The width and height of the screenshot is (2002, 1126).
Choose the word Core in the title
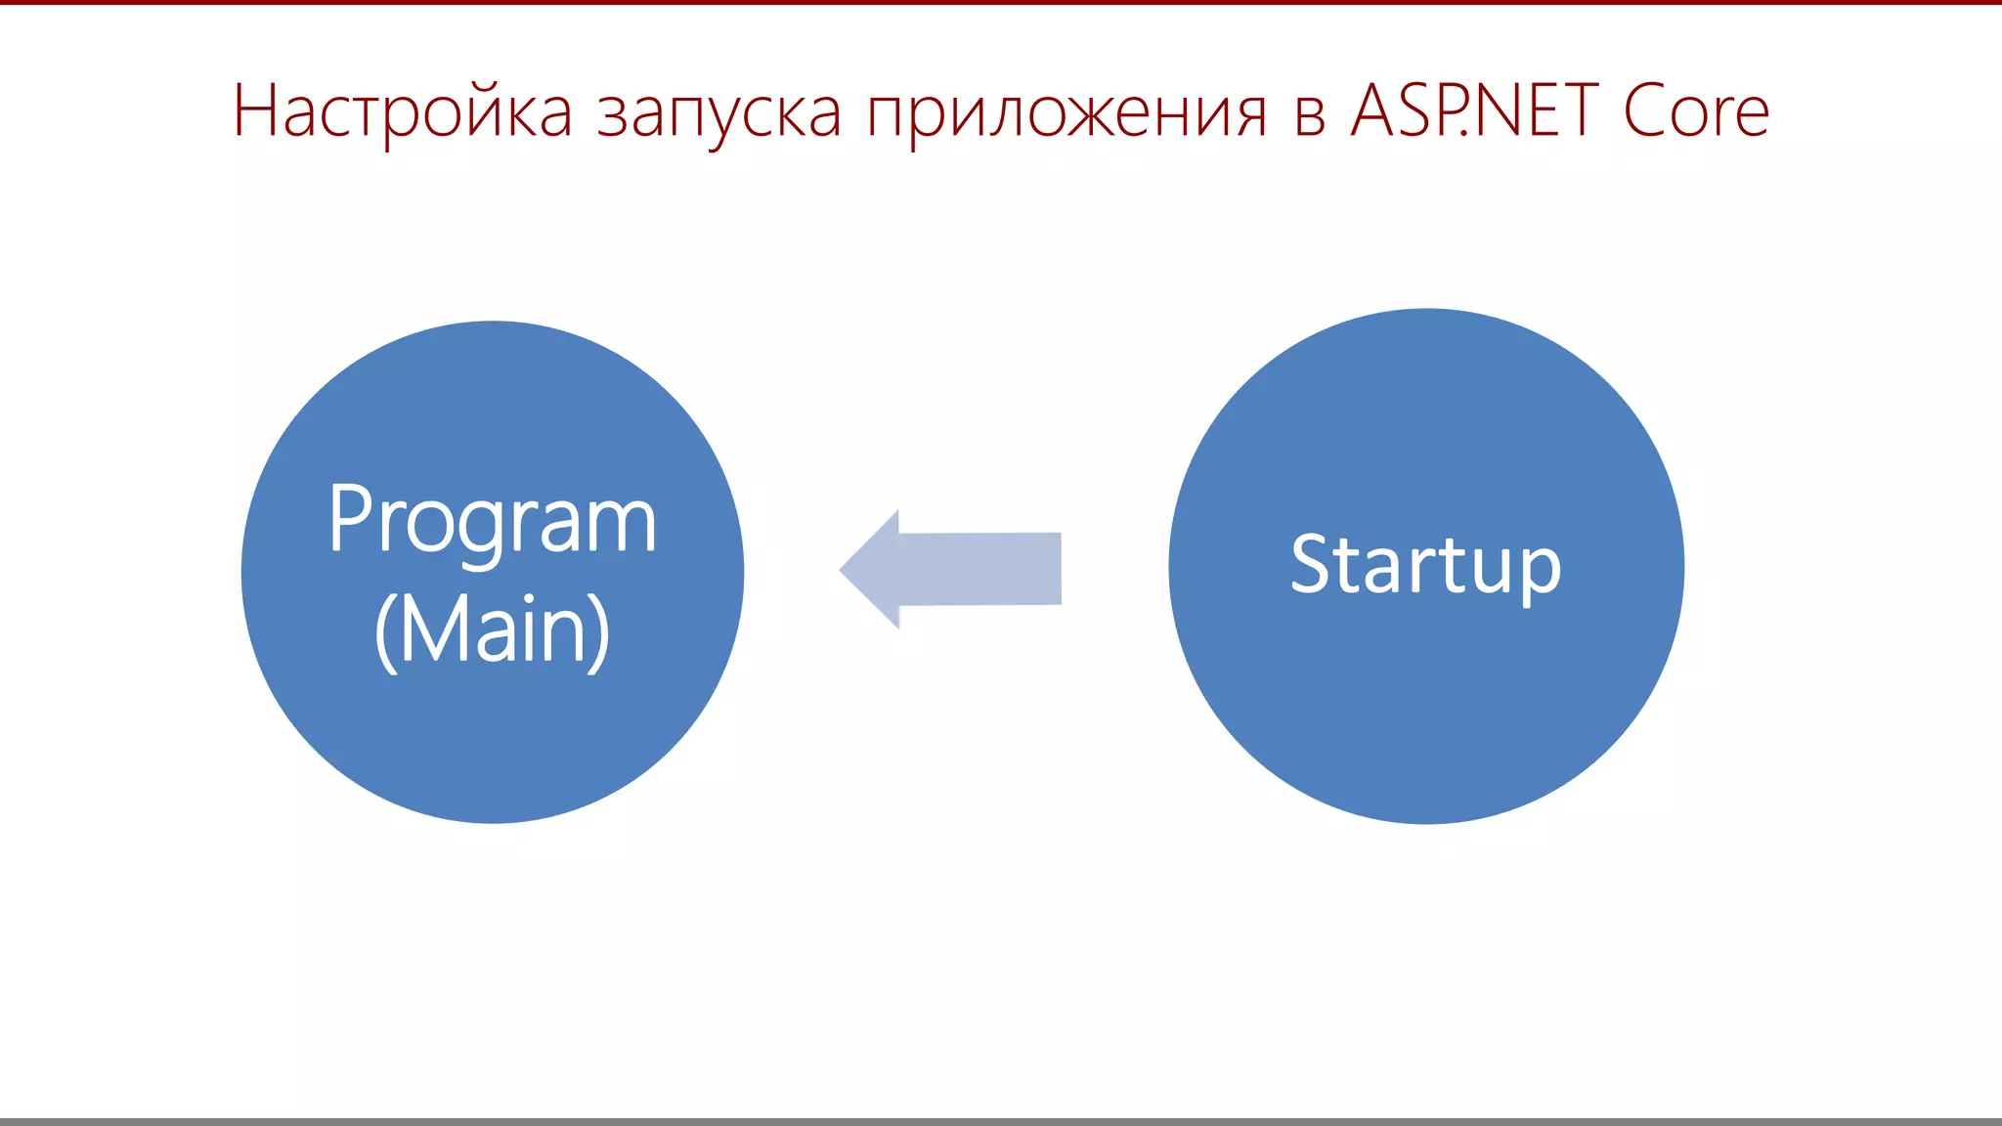click(x=1696, y=110)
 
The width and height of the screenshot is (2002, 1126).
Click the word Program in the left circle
click(x=492, y=521)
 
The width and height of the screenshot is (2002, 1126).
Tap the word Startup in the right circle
click(x=1425, y=565)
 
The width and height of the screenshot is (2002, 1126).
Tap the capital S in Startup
click(x=1312, y=564)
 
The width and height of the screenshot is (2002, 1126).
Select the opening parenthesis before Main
click(x=386, y=631)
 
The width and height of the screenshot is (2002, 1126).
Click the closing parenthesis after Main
click(x=598, y=631)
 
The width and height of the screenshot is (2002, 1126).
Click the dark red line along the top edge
click(x=1001, y=2)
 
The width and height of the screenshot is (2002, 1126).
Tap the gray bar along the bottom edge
click(x=1001, y=1121)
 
